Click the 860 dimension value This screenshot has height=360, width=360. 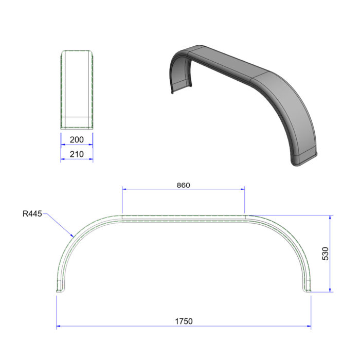[183, 185]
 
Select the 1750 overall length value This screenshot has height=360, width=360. [183, 321]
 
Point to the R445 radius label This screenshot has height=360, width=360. [32, 212]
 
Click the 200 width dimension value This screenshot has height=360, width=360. [77, 139]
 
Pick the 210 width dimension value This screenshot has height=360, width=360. [77, 154]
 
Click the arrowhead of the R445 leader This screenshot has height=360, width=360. [74, 236]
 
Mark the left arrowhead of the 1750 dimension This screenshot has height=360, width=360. [59, 326]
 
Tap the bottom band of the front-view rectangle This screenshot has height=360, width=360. [77, 122]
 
